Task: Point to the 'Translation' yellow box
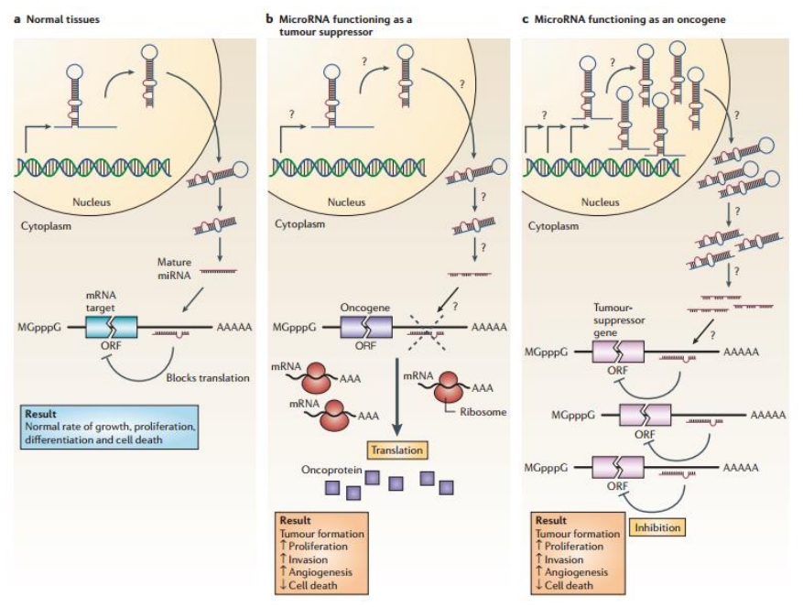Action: click(x=396, y=450)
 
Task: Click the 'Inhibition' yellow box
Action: click(x=657, y=527)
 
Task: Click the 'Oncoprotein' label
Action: click(x=328, y=470)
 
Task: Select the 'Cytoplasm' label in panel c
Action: click(x=553, y=225)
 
